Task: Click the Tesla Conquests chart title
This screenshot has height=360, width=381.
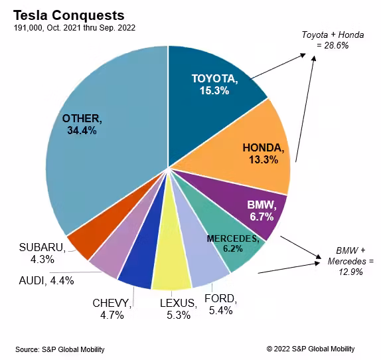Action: (x=69, y=15)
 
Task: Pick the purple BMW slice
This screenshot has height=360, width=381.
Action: (x=253, y=207)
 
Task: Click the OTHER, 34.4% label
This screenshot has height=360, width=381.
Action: (x=82, y=124)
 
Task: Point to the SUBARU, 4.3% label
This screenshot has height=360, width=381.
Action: (x=42, y=253)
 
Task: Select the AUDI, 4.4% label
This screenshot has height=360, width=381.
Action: (x=46, y=281)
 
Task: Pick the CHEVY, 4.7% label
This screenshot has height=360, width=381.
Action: (x=112, y=310)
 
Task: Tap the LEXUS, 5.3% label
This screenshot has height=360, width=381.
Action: (x=179, y=310)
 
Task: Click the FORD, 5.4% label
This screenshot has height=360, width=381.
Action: (x=220, y=304)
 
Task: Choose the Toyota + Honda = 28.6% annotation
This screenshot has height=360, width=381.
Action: (x=333, y=40)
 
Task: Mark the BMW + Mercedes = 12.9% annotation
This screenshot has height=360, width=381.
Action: (x=350, y=261)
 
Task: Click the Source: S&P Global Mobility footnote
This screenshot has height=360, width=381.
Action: (x=60, y=349)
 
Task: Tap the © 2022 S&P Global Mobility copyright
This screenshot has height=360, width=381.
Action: (x=311, y=349)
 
